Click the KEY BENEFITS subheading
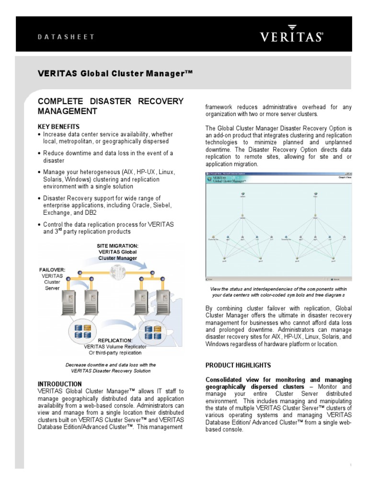59,126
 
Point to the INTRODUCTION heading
60,384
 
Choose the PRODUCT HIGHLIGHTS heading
238,365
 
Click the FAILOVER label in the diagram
52,270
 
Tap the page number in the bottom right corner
351,465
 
